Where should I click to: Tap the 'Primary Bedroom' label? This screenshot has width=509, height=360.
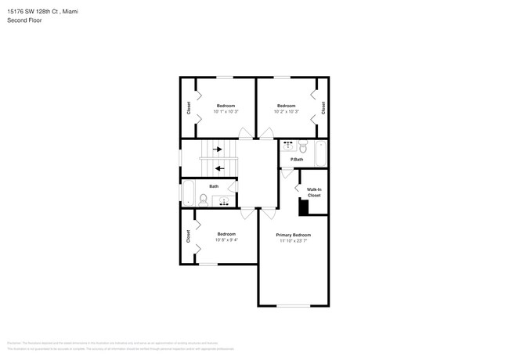[294, 235]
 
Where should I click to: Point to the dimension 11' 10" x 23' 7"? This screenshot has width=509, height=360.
[294, 241]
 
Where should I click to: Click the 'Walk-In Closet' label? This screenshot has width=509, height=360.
[313, 192]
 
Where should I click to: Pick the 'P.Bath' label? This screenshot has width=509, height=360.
[297, 160]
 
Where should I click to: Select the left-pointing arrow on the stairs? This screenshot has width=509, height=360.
[220, 167]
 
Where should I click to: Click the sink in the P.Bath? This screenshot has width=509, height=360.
[288, 146]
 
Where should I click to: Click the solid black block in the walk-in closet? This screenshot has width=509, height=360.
[305, 207]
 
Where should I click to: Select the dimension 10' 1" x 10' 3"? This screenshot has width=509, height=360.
[226, 112]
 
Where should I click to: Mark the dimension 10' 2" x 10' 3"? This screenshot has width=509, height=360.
[286, 112]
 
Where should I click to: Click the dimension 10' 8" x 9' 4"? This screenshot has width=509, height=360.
[226, 240]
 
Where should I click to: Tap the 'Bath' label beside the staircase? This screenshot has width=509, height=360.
[213, 186]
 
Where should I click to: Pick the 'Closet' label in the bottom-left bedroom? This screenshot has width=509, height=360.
[189, 236]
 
